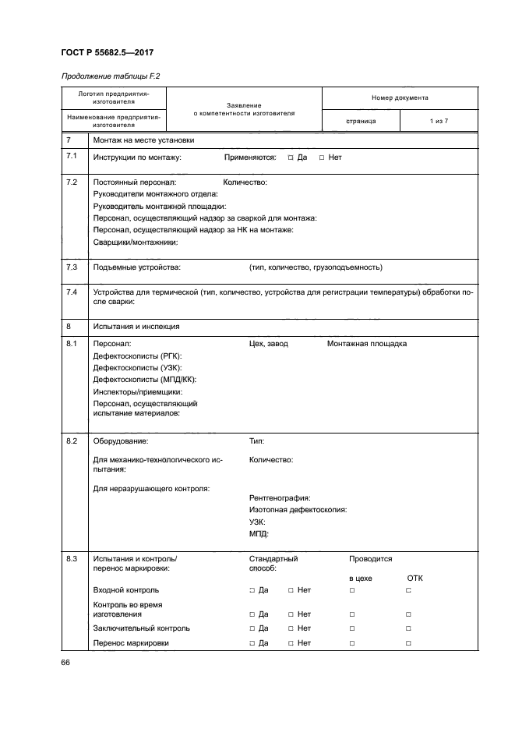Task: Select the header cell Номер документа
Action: pyautogui.click(x=399, y=98)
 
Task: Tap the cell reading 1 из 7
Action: pyautogui.click(x=439, y=122)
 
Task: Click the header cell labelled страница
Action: pyautogui.click(x=361, y=122)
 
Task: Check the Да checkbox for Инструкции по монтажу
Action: pyautogui.click(x=290, y=157)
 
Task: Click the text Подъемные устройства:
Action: pyautogui.click(x=136, y=267)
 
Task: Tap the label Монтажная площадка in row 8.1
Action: pyautogui.click(x=366, y=344)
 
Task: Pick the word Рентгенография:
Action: pyautogui.click(x=280, y=497)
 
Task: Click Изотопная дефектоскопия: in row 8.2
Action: pyautogui.click(x=298, y=509)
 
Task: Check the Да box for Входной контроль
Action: pyautogui.click(x=252, y=591)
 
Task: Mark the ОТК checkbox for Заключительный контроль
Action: pyautogui.click(x=408, y=628)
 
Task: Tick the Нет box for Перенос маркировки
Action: pyautogui.click(x=291, y=643)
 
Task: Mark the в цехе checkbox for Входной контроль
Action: pyautogui.click(x=352, y=591)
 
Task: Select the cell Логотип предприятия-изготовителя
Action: pyautogui.click(x=114, y=97)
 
